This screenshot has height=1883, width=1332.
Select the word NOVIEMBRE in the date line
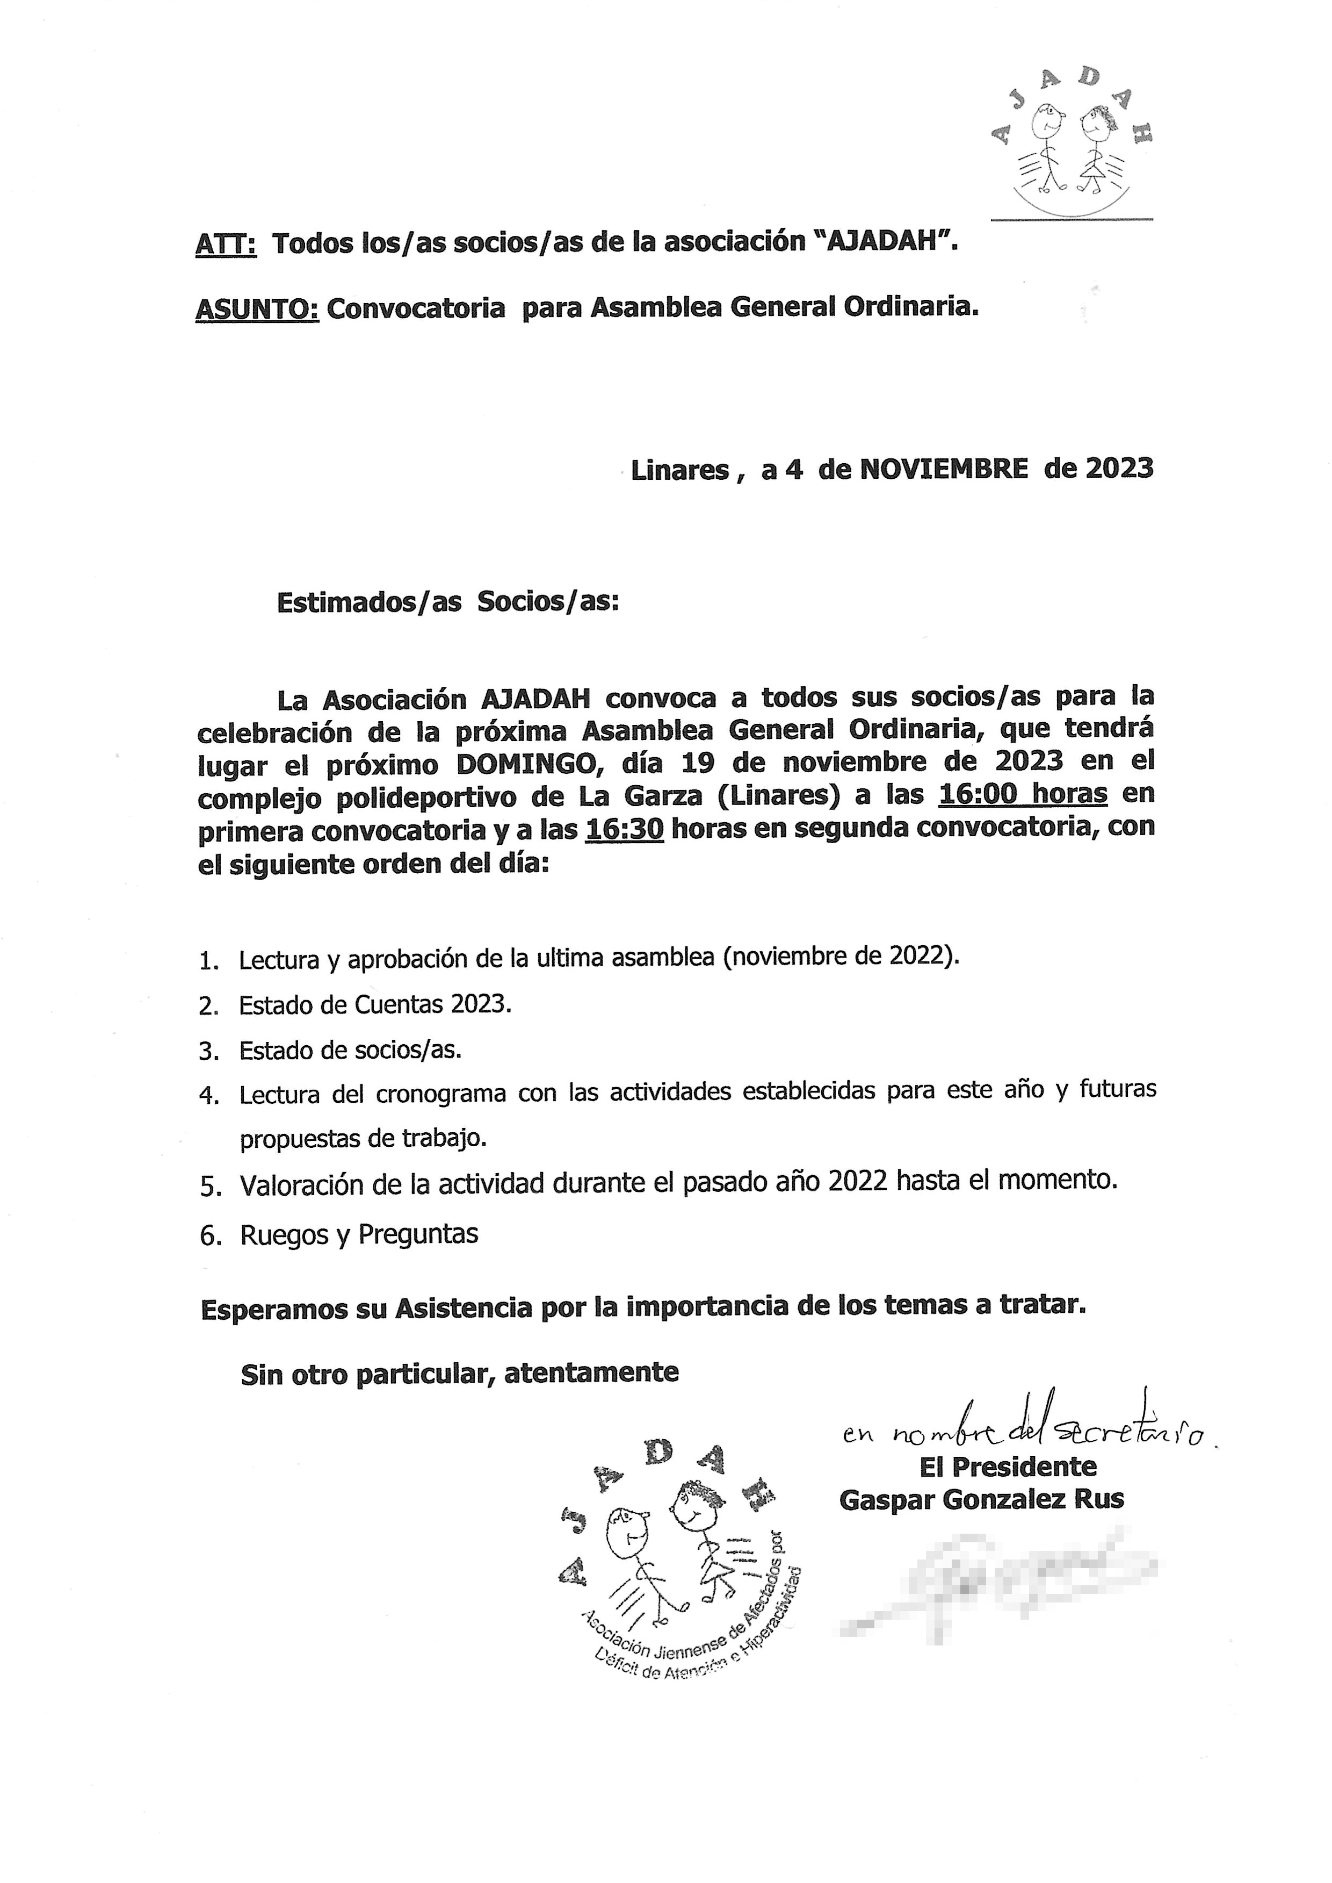coord(943,469)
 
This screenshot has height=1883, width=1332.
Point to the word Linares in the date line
coord(680,470)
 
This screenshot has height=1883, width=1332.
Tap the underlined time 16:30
coord(624,830)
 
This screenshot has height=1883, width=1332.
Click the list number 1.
coord(207,961)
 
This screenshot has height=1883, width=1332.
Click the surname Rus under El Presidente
coord(1102,1499)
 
